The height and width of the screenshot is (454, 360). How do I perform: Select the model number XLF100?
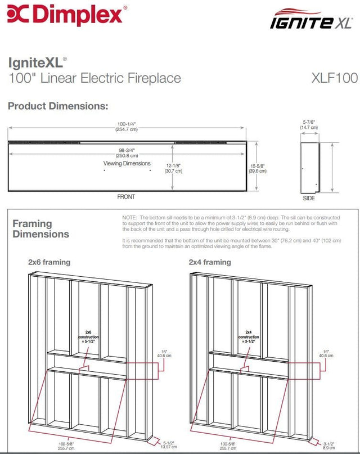334,78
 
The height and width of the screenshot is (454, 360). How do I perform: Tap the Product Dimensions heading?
57,106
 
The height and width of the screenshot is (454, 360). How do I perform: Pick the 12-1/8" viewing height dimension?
174,168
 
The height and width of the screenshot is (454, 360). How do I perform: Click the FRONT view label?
126,197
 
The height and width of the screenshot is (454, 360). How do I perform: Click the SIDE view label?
309,198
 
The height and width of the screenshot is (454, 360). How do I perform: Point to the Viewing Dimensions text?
127,164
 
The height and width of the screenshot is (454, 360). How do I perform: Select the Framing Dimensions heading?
40,229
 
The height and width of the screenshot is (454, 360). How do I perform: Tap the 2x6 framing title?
49,262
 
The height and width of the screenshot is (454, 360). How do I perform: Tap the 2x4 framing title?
210,262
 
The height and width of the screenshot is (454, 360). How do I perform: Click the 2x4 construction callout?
248,336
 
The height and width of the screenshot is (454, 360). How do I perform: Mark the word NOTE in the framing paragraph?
129,217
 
